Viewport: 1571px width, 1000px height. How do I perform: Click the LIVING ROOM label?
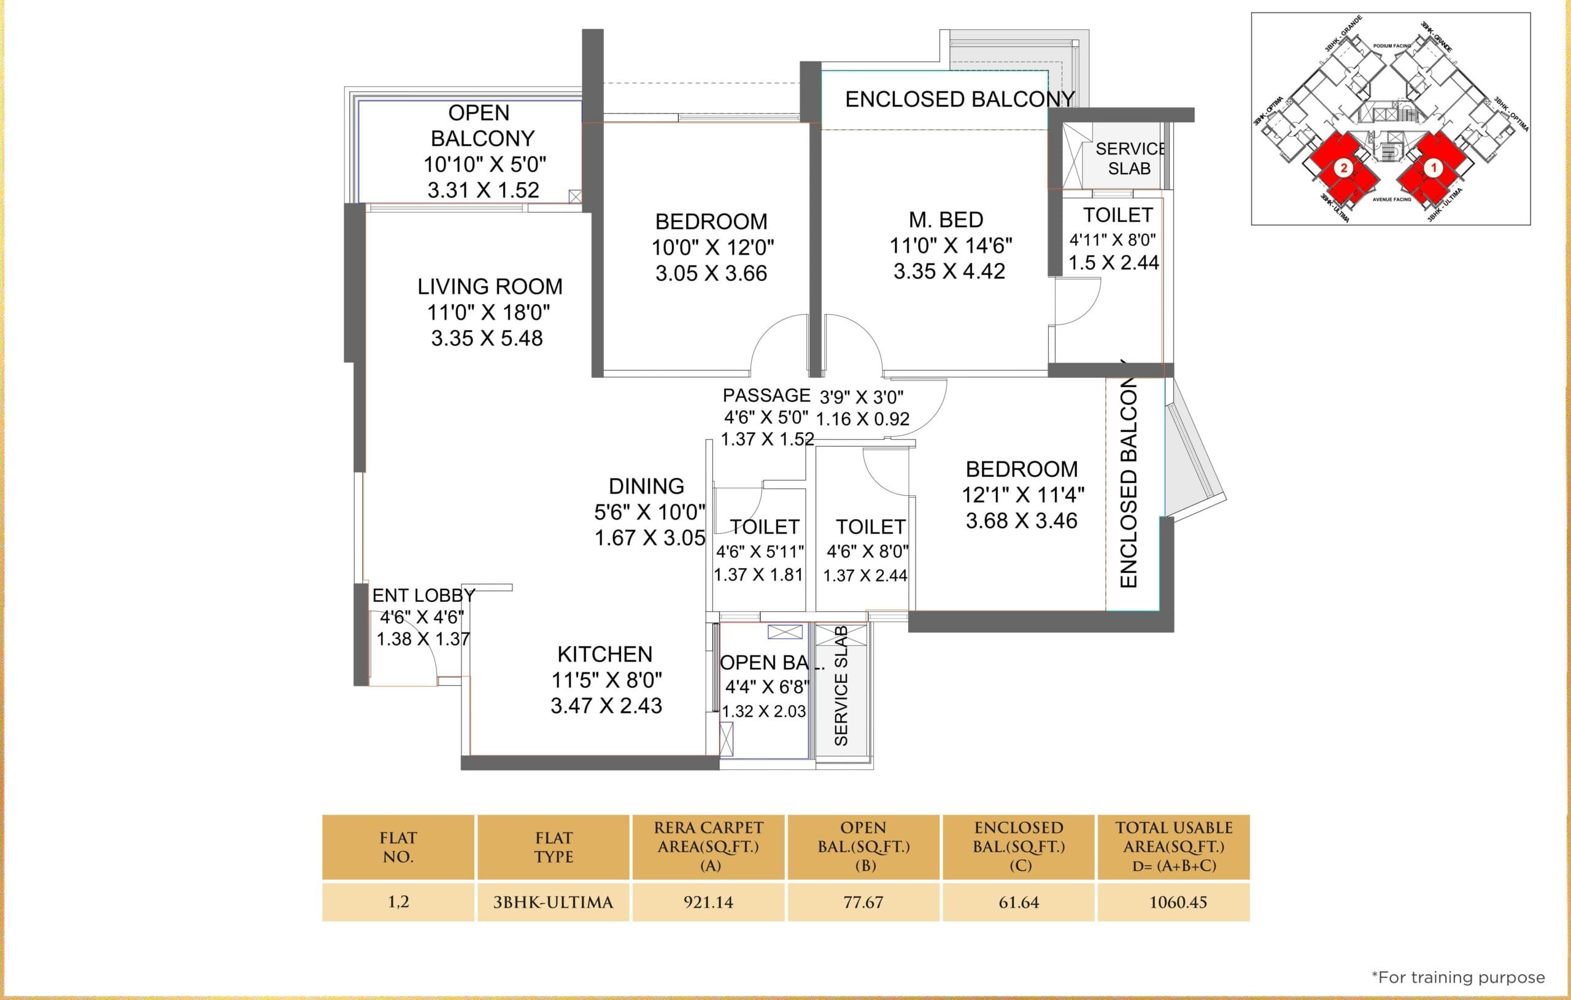click(x=489, y=287)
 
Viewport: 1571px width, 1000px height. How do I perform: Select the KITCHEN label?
click(x=605, y=654)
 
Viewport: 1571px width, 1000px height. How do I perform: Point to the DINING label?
click(x=646, y=487)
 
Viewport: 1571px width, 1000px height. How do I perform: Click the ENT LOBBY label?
click(x=423, y=596)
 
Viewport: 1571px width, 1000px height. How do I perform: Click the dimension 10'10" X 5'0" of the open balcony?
click(x=485, y=164)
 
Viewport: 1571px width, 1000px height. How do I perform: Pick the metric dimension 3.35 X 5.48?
click(x=487, y=339)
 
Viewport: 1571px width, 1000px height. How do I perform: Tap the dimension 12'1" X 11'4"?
click(x=1022, y=495)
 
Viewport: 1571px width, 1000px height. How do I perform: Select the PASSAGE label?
click(x=766, y=396)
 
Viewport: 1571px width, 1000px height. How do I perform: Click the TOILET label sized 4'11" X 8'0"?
click(x=1117, y=215)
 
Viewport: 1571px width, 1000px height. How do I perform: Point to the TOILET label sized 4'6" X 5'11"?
click(x=764, y=527)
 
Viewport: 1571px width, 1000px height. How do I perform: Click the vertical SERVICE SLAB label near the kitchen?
click(x=841, y=686)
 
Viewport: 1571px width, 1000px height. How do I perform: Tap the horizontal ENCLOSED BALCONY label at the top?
click(x=959, y=100)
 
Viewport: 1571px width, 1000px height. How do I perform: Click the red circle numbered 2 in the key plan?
click(x=1343, y=168)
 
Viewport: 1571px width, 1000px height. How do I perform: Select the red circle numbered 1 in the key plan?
click(x=1434, y=167)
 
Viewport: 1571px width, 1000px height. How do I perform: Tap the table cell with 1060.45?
click(x=1178, y=902)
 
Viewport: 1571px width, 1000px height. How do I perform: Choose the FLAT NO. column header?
click(x=398, y=847)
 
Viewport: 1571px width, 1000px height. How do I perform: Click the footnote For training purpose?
click(x=1458, y=977)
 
